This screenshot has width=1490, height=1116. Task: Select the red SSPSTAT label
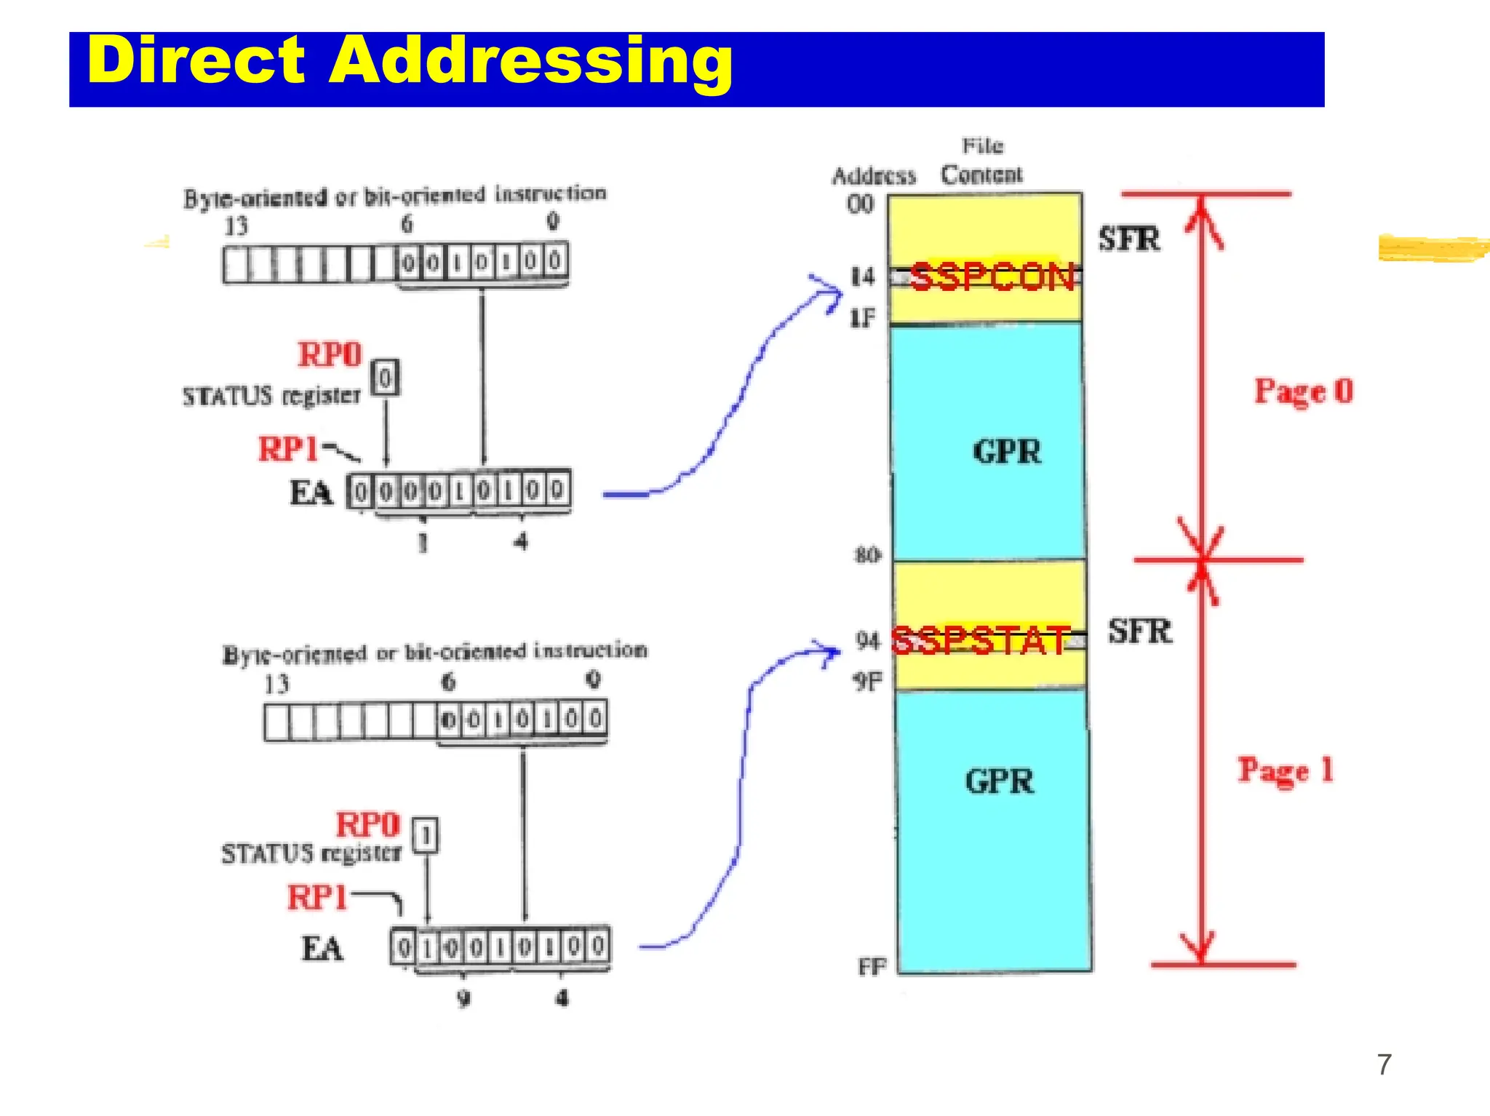tap(981, 641)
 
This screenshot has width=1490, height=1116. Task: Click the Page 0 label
tap(1303, 391)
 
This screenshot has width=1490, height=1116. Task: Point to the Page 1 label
tap(1286, 770)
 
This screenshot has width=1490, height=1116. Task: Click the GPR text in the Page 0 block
tap(1006, 452)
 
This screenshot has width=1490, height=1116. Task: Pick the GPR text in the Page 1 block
tap(999, 781)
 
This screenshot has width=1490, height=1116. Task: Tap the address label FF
tap(872, 967)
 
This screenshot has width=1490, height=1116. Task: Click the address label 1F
tap(863, 318)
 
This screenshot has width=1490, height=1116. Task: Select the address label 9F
tap(867, 682)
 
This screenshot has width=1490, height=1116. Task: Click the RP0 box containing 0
tap(385, 378)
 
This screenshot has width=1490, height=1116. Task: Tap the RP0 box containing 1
tap(426, 835)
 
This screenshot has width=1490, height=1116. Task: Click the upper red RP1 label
tap(288, 449)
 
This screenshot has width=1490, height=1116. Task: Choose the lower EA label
tap(322, 949)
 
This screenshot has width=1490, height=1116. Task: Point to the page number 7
tap(1384, 1064)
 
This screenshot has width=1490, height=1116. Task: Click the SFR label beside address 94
tap(1139, 631)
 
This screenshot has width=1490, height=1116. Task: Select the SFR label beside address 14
tap(1128, 239)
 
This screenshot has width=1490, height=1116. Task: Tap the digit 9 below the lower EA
tap(463, 998)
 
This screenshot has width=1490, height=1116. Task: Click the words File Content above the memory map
tap(981, 161)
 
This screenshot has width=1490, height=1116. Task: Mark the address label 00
tap(860, 204)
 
